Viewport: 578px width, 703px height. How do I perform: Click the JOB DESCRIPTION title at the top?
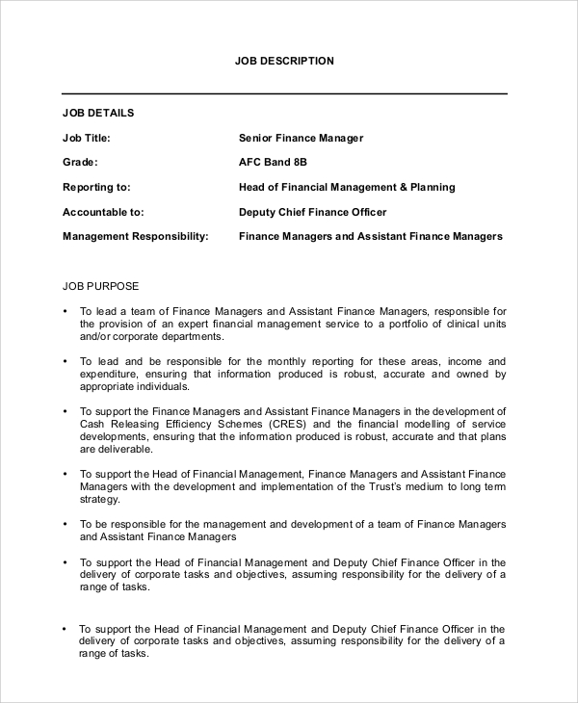pos(284,61)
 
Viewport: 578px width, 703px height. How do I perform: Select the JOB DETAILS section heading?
pos(98,113)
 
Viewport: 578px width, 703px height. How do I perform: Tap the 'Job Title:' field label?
pos(92,138)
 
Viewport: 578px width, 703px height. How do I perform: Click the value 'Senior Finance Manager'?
pos(301,138)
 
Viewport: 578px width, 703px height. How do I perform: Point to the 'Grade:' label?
pos(80,163)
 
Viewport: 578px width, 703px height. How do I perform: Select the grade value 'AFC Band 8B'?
pos(273,163)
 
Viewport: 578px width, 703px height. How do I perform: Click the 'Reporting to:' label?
pos(96,187)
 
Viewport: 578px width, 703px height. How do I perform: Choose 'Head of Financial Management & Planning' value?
pos(347,187)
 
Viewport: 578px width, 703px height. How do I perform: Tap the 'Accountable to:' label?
pos(103,212)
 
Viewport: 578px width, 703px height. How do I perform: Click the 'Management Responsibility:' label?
pos(135,236)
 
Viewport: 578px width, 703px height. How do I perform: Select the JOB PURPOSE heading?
pos(101,286)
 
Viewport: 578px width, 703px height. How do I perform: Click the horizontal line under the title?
pos(284,93)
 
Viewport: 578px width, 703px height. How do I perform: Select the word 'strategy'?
pos(100,500)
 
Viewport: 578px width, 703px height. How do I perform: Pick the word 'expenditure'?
pos(112,374)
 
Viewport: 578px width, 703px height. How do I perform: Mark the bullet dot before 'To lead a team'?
pos(65,312)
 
